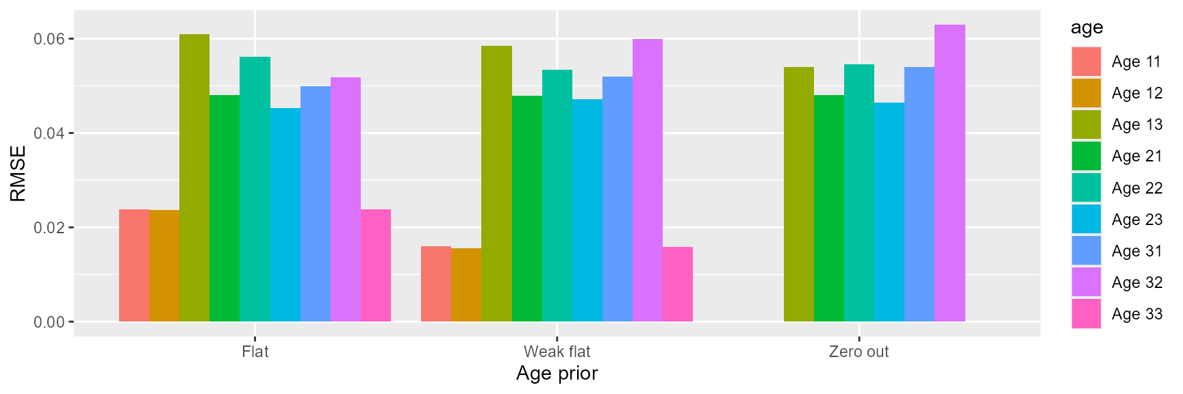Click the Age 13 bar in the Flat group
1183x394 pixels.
(194, 178)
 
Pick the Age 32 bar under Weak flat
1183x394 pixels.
(648, 181)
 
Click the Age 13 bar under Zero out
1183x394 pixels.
(799, 194)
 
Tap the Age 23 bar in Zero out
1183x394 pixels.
(889, 212)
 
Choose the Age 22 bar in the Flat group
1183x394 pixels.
(255, 189)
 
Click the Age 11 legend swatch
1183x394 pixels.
(1086, 62)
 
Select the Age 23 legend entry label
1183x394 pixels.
(1137, 220)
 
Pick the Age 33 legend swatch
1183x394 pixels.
(1086, 314)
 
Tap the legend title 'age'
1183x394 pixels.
(1086, 27)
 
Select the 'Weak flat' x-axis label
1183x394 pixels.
(557, 352)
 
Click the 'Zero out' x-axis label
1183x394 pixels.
(858, 352)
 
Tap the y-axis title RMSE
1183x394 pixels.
(18, 173)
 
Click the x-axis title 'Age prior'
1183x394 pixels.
(557, 373)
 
